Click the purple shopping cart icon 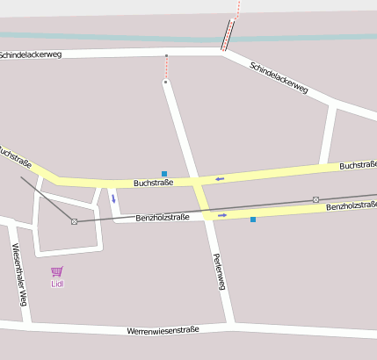[57, 271]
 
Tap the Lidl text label [57, 284]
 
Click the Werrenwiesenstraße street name [163, 330]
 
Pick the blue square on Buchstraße [164, 174]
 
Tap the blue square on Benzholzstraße [253, 219]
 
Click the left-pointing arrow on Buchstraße [220, 179]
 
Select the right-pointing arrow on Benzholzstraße [222, 214]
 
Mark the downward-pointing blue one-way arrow [113, 198]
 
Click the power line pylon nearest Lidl [74, 221]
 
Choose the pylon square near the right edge [315, 199]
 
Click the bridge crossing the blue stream [228, 37]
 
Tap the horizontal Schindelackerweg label [30, 54]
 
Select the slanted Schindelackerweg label [279, 78]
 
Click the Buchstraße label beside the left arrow [153, 183]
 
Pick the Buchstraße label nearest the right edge [358, 164]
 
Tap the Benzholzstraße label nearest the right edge [352, 205]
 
